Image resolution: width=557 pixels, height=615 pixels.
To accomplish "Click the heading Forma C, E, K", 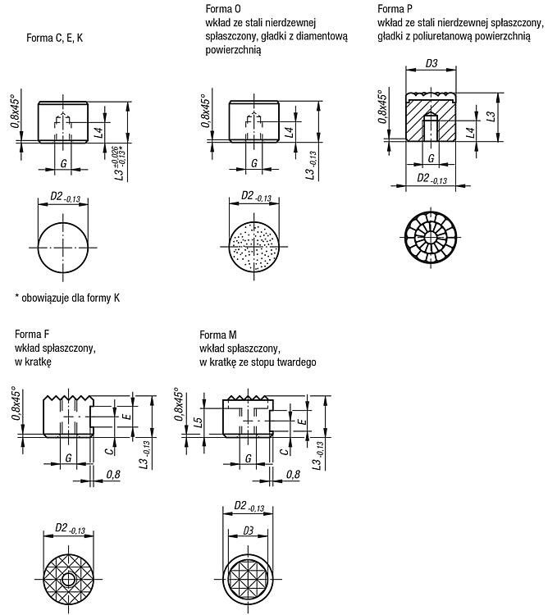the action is [x=54, y=38].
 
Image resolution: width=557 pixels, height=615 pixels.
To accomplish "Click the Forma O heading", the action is [x=223, y=9].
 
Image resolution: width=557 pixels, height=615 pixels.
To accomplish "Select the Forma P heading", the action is [x=395, y=9].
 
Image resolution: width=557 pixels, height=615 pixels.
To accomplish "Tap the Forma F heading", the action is [x=32, y=335].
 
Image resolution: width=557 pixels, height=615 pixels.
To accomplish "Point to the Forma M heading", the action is [x=218, y=335].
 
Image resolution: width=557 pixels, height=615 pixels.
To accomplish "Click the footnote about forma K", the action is [x=67, y=298].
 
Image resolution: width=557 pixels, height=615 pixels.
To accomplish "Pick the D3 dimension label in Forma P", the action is [x=431, y=63].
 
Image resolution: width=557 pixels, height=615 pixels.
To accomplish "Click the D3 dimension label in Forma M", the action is [x=248, y=531].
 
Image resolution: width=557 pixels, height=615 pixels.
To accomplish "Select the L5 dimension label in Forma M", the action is [x=199, y=422].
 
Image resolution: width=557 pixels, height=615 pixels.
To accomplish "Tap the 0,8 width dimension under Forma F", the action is [x=113, y=475].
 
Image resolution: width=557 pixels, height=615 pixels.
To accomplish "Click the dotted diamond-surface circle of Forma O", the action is [x=253, y=247].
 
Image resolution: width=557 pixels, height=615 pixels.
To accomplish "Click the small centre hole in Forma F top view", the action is [x=69, y=579].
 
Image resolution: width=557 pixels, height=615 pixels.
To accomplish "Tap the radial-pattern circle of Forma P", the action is [x=431, y=237].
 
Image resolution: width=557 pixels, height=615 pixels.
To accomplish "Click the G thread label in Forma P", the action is [x=431, y=158].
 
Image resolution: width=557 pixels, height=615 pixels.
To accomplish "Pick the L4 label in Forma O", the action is [x=290, y=131].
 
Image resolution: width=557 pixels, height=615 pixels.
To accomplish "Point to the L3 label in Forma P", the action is [x=491, y=116].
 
